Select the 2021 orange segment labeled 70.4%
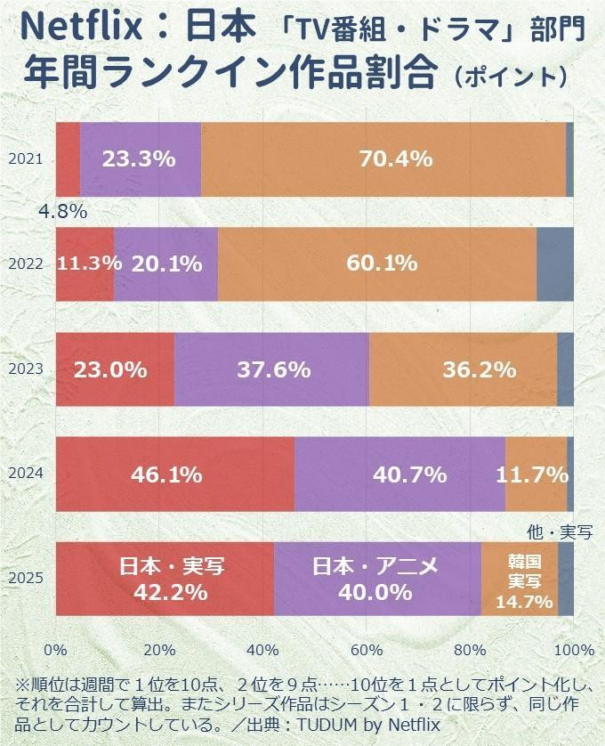click(x=383, y=159)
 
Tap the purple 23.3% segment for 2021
click(x=140, y=159)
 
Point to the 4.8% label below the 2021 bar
click(x=62, y=212)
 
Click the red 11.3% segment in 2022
click(x=85, y=264)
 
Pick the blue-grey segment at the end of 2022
click(x=554, y=264)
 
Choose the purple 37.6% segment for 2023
click(x=271, y=369)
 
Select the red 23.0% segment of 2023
click(x=115, y=369)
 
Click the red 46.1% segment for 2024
click(x=174, y=474)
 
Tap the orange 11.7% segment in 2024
click(x=536, y=474)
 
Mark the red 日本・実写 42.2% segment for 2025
click(x=165, y=579)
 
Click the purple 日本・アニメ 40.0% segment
click(x=377, y=579)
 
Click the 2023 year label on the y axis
click(x=25, y=369)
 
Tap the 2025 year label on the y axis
click(x=25, y=579)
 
